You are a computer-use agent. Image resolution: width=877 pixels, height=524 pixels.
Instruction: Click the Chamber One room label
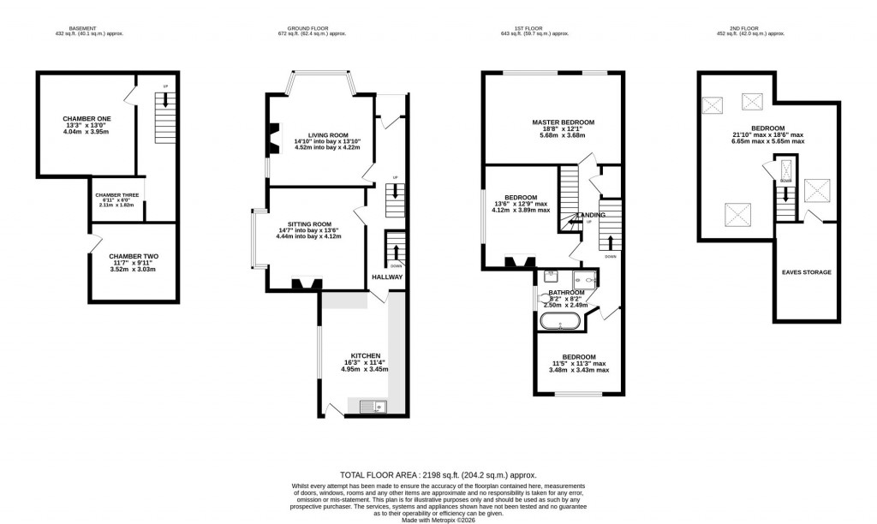click(x=81, y=119)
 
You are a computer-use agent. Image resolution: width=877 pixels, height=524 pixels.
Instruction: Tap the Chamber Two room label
click(x=133, y=256)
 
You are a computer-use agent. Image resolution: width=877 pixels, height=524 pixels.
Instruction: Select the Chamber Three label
click(x=117, y=195)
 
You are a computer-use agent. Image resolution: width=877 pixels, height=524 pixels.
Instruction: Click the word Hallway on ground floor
click(x=386, y=277)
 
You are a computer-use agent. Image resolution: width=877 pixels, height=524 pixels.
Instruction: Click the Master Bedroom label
click(x=562, y=122)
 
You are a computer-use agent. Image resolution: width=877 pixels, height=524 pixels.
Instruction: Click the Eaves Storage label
click(x=806, y=272)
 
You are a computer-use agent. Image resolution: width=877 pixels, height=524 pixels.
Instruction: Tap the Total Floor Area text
click(x=438, y=473)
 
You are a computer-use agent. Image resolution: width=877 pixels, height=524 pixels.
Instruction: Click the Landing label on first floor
click(x=591, y=215)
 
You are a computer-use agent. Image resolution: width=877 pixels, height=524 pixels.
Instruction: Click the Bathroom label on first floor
click(x=560, y=292)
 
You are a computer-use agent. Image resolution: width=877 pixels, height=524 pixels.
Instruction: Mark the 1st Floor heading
click(x=534, y=28)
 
